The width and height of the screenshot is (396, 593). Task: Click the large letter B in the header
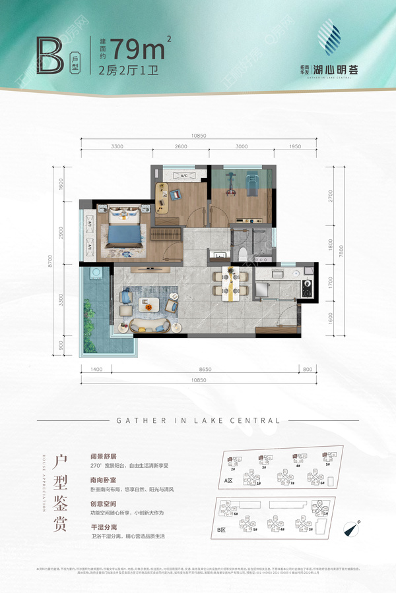coord(52,56)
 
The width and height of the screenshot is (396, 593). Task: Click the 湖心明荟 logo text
coord(336,69)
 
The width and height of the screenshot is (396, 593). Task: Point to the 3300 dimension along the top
coord(117,146)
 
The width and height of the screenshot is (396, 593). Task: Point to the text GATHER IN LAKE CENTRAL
coord(198,420)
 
